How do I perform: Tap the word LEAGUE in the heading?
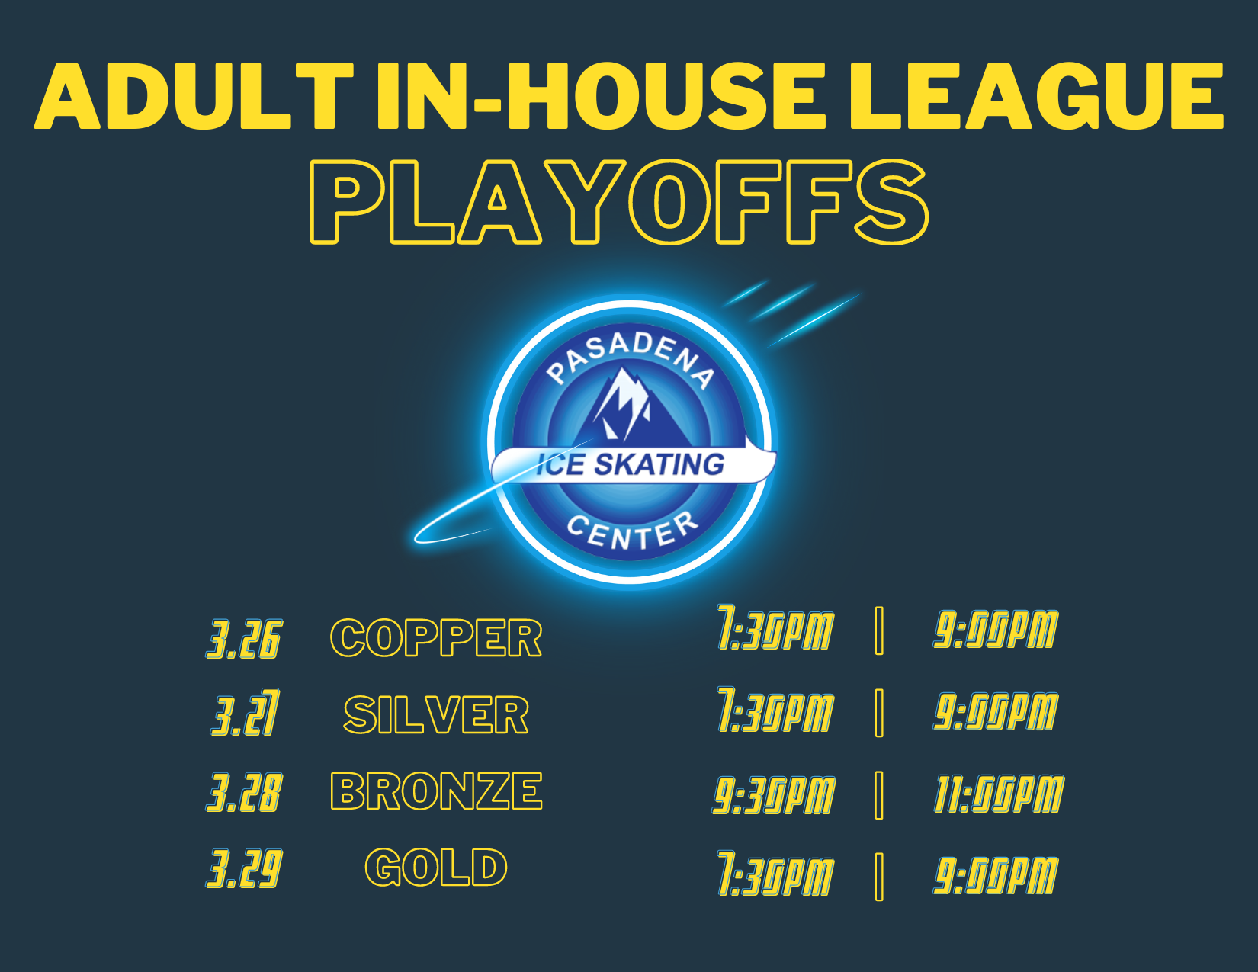(x=1036, y=96)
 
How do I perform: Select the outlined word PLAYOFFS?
(x=619, y=201)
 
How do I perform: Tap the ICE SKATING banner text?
(x=631, y=464)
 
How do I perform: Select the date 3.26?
(x=244, y=639)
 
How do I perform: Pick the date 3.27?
(x=246, y=713)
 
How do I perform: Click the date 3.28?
(x=244, y=792)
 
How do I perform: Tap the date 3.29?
(x=244, y=868)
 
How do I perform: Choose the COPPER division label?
(x=436, y=637)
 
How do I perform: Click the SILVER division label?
(x=436, y=714)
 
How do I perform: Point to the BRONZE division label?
(x=436, y=791)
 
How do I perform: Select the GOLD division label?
(x=436, y=868)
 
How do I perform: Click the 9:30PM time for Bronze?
(x=773, y=794)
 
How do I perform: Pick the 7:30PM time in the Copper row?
(x=775, y=627)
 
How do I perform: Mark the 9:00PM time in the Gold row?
(x=996, y=875)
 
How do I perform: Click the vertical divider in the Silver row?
(x=879, y=713)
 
